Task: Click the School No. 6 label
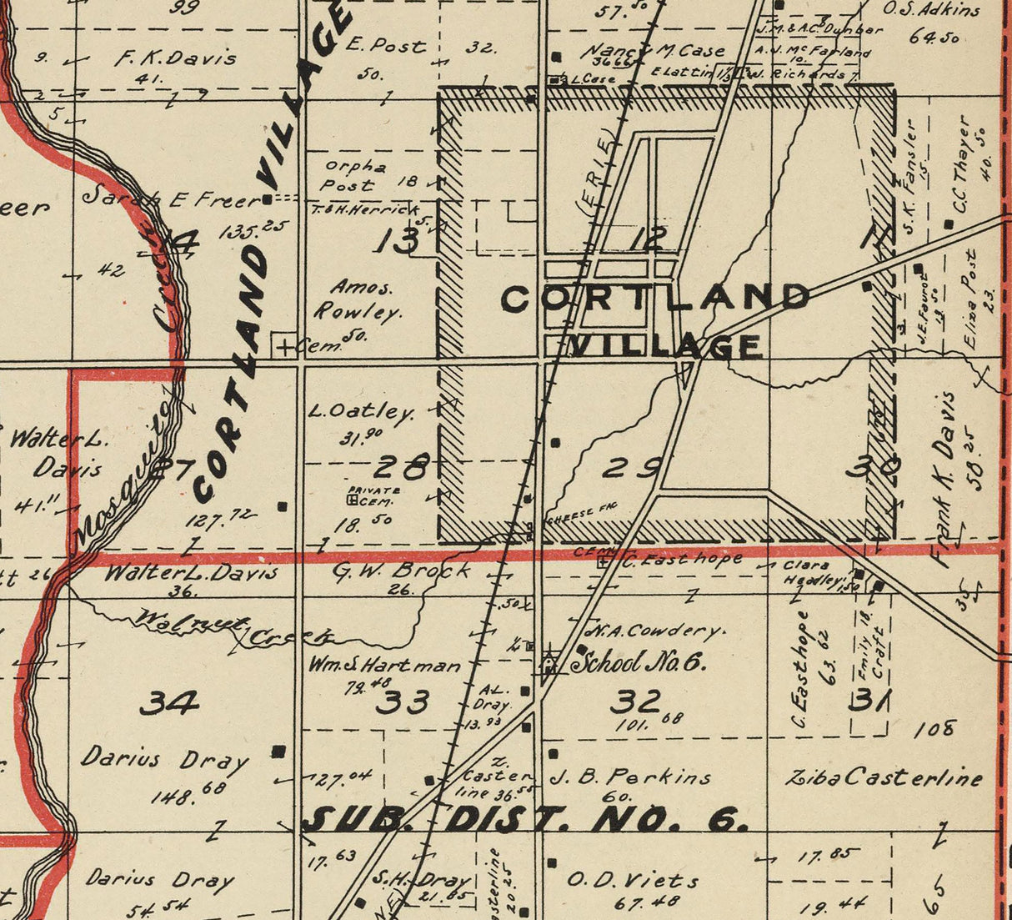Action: point(639,662)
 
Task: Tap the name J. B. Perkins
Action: point(631,777)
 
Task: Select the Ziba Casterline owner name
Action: point(884,778)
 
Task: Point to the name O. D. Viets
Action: point(633,880)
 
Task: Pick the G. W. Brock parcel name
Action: point(401,571)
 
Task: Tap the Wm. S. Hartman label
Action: point(384,666)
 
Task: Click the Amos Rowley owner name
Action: point(357,300)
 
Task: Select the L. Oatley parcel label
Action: point(361,411)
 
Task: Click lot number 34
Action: point(168,703)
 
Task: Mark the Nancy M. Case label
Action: point(658,51)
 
